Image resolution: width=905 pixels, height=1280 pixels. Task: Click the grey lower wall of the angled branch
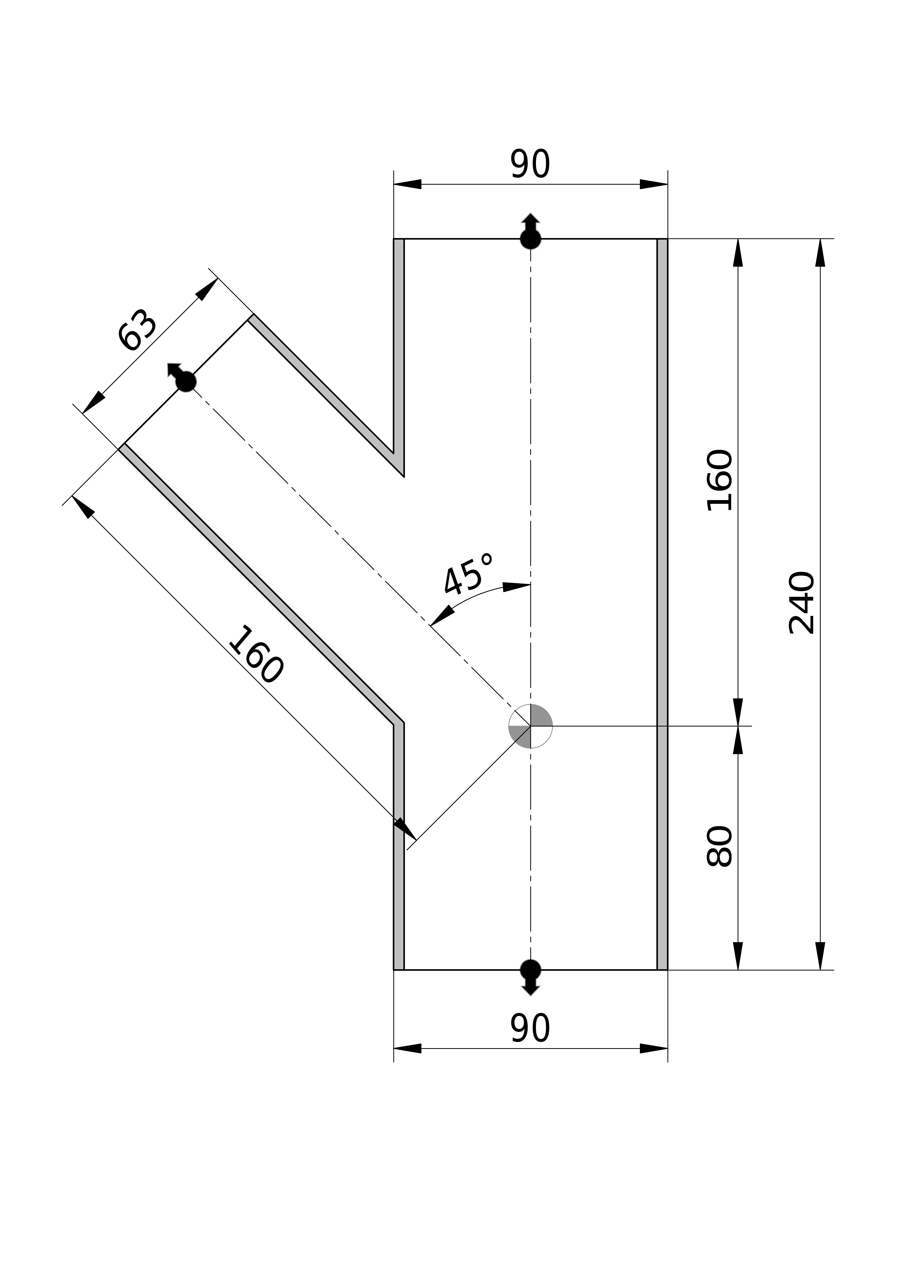click(257, 585)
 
